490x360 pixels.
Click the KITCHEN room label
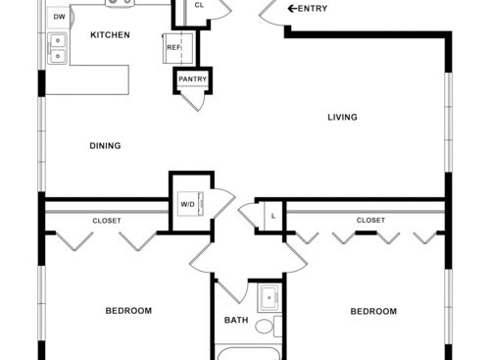(111, 35)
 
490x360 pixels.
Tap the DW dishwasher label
(60, 17)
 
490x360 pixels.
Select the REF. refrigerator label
(173, 47)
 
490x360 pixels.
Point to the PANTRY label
(191, 79)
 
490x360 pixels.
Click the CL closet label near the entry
(199, 6)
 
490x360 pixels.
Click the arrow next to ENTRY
(291, 9)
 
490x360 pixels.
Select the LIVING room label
(342, 118)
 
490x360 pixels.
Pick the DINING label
(105, 146)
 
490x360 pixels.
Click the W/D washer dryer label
(186, 205)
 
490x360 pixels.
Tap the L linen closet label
(271, 216)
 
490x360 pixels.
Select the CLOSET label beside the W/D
(107, 221)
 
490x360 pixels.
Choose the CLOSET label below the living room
(370, 221)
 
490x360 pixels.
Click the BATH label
(236, 320)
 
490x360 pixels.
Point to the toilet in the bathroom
(266, 326)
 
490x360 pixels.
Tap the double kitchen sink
(56, 49)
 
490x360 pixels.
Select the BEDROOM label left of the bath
(128, 311)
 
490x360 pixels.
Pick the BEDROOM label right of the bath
(373, 311)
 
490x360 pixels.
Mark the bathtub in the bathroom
(250, 353)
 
